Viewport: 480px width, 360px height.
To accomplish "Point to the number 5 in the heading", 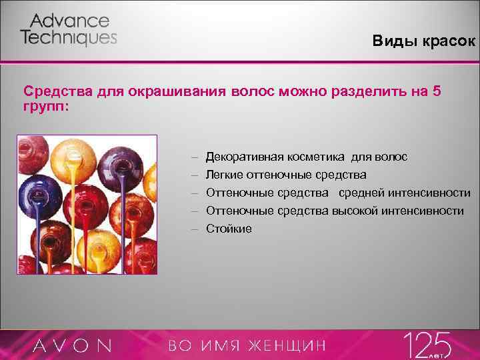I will pyautogui.click(x=436, y=91).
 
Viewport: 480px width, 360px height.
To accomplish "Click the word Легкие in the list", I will pyautogui.click(x=224, y=175).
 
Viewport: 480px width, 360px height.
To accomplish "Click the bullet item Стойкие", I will pyautogui.click(x=229, y=229).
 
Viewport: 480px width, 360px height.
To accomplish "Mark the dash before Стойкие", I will pyautogui.click(x=195, y=229).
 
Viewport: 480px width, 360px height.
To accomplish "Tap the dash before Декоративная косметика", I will pyautogui.click(x=195, y=157).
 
